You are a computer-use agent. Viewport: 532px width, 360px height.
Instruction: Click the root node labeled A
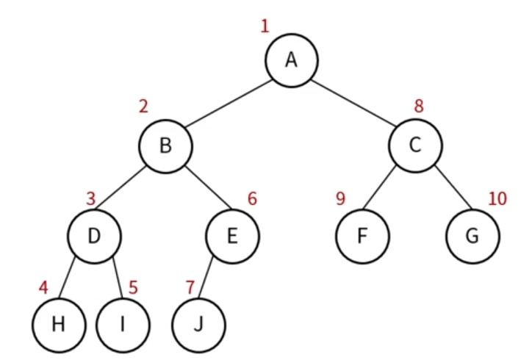coord(291,60)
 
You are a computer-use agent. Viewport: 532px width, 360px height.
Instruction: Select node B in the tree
coord(166,146)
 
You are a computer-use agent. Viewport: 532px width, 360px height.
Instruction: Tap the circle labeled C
coord(416,146)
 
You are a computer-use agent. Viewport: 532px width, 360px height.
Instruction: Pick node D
coord(94,236)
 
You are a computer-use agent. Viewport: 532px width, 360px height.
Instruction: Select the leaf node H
coord(59,324)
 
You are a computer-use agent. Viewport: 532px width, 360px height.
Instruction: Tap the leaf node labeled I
coord(122,324)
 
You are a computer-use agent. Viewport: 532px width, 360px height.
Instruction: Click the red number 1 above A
coord(265,27)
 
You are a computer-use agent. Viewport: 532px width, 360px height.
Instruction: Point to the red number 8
coord(419,106)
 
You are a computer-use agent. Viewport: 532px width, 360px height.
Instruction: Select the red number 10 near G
coord(497,198)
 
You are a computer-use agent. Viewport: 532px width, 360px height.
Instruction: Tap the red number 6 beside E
coord(252,198)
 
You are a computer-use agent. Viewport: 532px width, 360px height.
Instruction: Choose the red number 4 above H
coord(43,287)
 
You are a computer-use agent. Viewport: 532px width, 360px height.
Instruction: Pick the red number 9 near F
coord(340,198)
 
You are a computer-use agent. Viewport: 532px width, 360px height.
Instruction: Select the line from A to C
coord(354,103)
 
